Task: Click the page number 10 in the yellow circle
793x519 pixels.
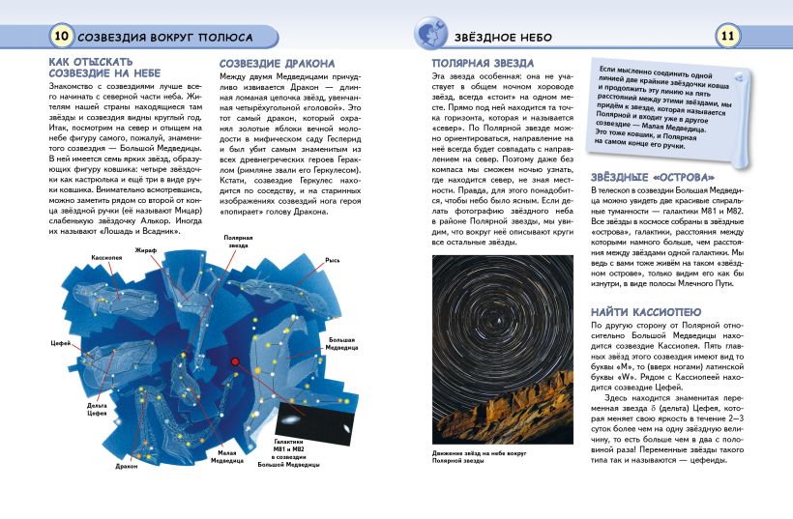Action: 60,37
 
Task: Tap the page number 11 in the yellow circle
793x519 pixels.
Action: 729,37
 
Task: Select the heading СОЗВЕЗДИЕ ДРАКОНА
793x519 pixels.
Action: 278,64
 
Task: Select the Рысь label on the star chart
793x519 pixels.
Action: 333,260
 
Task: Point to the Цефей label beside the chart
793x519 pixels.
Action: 59,344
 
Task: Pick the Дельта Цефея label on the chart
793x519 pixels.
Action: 97,410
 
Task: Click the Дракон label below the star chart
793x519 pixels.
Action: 127,466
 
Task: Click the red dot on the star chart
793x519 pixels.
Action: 235,362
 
